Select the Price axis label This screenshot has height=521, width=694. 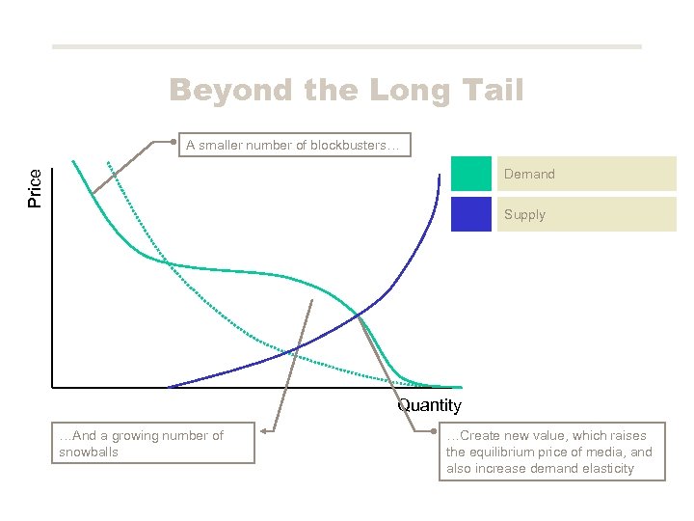pyautogui.click(x=35, y=188)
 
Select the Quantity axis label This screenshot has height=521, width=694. pyautogui.click(x=429, y=406)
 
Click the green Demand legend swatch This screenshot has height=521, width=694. pyautogui.click(x=470, y=174)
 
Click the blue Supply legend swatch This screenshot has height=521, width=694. pyautogui.click(x=470, y=214)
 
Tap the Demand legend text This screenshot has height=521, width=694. pyautogui.click(x=529, y=175)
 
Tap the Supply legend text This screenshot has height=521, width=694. pyautogui.click(x=524, y=215)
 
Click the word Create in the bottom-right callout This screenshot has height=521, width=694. pyautogui.click(x=480, y=436)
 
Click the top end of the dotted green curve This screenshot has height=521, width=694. pyautogui.click(x=107, y=160)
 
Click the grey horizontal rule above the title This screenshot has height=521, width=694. pyautogui.click(x=346, y=46)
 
